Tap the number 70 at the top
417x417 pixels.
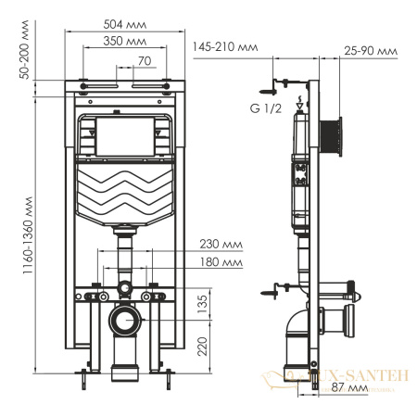[x=143, y=61]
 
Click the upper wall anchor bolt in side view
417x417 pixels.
[x=269, y=90]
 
